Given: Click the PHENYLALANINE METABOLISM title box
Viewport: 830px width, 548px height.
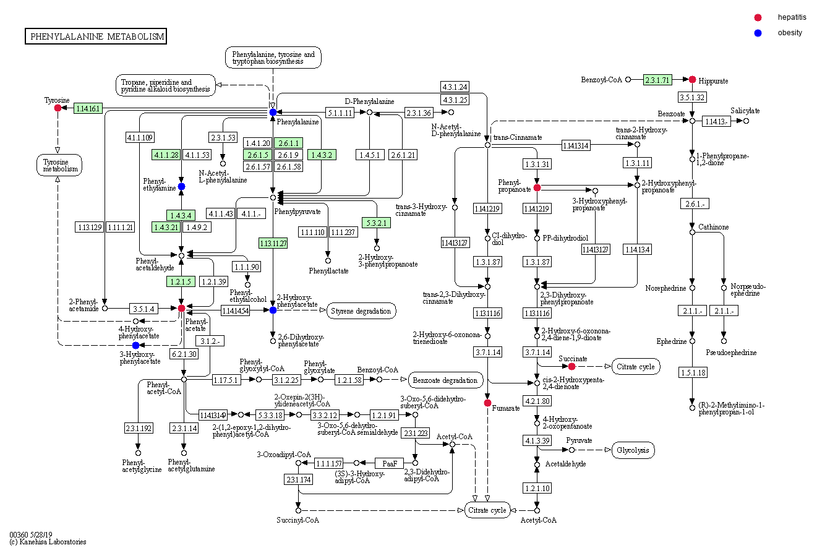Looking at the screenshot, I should click(x=96, y=36).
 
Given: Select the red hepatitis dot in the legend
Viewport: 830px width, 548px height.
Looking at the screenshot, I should click(x=758, y=17).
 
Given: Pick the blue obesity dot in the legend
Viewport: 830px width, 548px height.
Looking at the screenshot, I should click(x=758, y=33).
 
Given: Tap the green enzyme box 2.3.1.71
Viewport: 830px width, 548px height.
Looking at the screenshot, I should click(x=657, y=80).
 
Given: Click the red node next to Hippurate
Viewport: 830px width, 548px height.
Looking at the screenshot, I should click(x=693, y=79).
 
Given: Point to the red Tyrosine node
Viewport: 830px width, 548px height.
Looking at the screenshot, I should click(x=58, y=108).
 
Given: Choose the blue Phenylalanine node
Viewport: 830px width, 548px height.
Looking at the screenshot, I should click(x=273, y=112).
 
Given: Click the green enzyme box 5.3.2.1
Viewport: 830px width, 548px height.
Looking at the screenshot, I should click(x=376, y=222).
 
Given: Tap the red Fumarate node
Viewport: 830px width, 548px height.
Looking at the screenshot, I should click(x=488, y=403).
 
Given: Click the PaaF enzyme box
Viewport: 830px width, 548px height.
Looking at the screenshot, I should click(x=390, y=463).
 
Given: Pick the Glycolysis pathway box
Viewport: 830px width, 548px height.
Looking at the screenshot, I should click(x=633, y=450).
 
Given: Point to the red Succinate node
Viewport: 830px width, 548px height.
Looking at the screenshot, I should click(x=571, y=367).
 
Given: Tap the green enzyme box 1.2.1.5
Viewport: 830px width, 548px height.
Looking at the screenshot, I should click(x=181, y=281).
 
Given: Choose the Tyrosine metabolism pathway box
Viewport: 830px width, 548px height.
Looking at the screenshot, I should click(x=59, y=165).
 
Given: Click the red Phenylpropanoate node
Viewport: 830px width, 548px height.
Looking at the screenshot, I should click(x=537, y=187).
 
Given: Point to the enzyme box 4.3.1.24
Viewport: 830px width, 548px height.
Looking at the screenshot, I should click(x=455, y=87).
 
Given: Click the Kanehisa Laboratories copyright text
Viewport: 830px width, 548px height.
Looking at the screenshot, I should click(x=48, y=542).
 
